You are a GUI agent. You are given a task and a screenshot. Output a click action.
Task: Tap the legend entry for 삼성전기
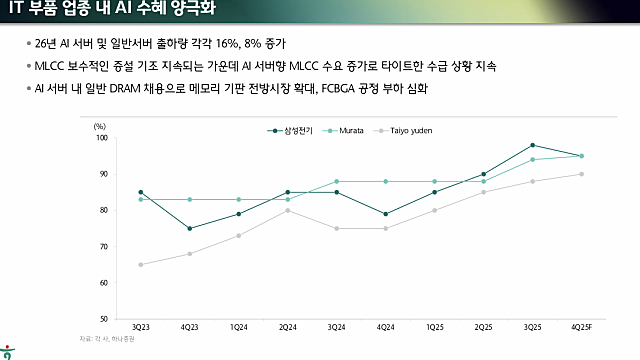291,130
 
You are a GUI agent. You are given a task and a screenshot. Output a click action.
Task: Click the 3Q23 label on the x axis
141,327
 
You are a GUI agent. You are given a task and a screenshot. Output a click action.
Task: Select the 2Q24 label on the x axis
288,327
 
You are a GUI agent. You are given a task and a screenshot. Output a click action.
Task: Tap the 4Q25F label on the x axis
581,327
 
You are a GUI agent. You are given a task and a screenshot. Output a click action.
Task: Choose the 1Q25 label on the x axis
434,327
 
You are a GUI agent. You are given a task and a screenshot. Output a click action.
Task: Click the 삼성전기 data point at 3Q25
532,145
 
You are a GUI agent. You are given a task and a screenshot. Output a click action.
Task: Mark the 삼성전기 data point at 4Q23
190,228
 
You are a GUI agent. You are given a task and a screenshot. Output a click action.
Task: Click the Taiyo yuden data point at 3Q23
141,264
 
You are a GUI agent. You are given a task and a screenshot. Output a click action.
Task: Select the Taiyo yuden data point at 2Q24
288,210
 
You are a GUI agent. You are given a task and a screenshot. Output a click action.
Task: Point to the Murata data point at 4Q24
385,181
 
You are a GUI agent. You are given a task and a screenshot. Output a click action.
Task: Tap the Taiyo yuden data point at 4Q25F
581,174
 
